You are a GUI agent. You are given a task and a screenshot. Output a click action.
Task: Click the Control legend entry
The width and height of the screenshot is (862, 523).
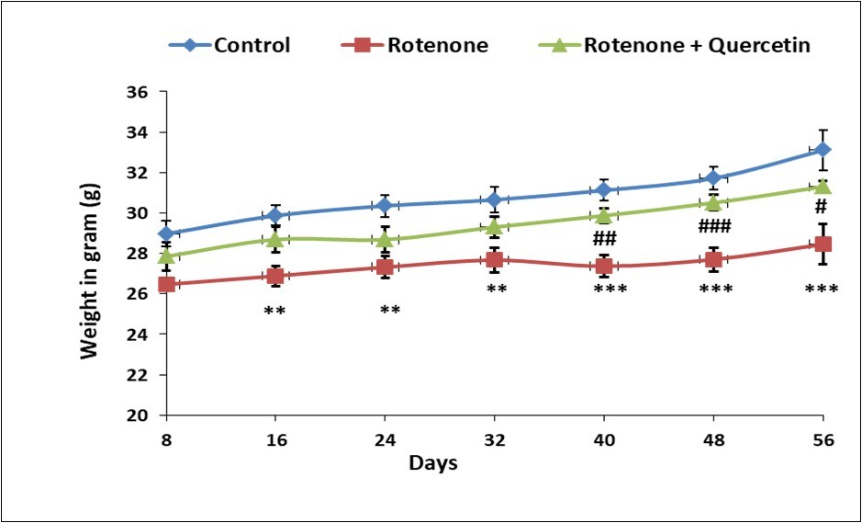click(x=229, y=45)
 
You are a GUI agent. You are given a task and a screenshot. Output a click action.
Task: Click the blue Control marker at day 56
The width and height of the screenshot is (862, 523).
click(x=823, y=149)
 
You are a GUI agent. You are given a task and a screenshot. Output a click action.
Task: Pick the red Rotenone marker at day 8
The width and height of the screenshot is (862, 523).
click(x=166, y=284)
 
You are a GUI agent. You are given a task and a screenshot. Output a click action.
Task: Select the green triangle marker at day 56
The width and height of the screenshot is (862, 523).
click(x=823, y=187)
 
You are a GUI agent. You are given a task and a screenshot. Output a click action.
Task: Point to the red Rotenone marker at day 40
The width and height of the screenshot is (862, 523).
click(x=603, y=267)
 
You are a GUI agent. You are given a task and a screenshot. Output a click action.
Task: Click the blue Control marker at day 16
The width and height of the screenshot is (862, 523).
click(x=274, y=216)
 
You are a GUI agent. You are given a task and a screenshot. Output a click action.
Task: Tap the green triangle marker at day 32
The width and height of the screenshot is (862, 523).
click(x=494, y=227)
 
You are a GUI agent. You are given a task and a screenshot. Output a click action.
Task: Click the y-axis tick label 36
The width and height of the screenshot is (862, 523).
click(x=138, y=92)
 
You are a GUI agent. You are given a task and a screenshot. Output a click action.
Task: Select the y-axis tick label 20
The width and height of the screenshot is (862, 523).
click(x=138, y=415)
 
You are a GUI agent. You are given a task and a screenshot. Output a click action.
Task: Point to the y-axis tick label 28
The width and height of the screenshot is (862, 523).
click(x=138, y=254)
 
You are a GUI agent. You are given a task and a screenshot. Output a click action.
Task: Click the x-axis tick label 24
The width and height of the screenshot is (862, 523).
click(x=385, y=439)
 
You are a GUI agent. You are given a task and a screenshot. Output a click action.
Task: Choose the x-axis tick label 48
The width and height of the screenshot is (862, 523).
click(x=713, y=439)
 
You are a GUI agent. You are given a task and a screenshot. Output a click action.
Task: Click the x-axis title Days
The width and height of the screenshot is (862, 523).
click(x=433, y=462)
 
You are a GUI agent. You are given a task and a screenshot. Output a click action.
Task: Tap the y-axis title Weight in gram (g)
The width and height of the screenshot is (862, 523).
click(x=90, y=253)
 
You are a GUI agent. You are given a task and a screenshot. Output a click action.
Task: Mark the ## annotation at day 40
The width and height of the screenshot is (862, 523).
click(x=603, y=239)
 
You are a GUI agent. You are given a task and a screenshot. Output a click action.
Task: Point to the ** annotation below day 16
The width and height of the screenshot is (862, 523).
click(x=274, y=311)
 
